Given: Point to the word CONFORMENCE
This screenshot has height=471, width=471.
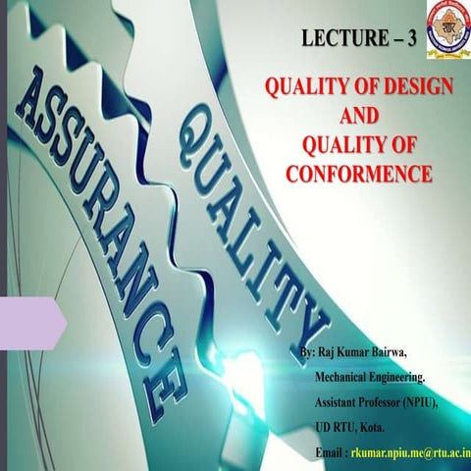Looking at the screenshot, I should pos(359,175).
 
